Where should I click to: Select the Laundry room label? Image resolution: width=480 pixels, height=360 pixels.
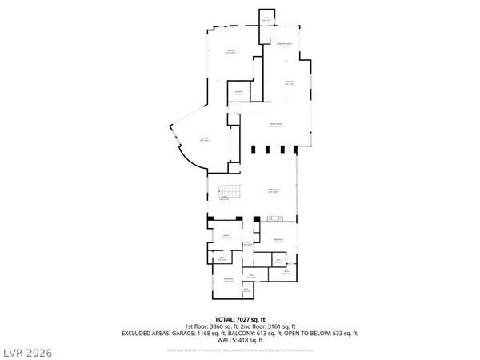(238, 93)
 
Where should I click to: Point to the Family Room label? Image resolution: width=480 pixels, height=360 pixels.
(276, 124)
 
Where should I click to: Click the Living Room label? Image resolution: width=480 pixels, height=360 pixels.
(273, 190)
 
